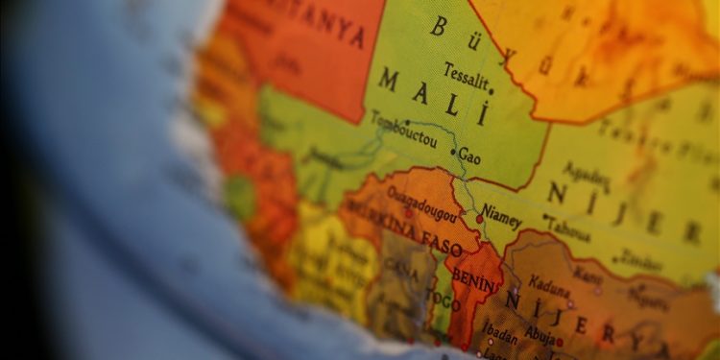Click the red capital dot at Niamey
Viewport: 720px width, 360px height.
[x=480, y=219]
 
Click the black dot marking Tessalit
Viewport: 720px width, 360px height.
[x=492, y=91]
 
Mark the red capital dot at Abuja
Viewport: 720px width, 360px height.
[x=560, y=340]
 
